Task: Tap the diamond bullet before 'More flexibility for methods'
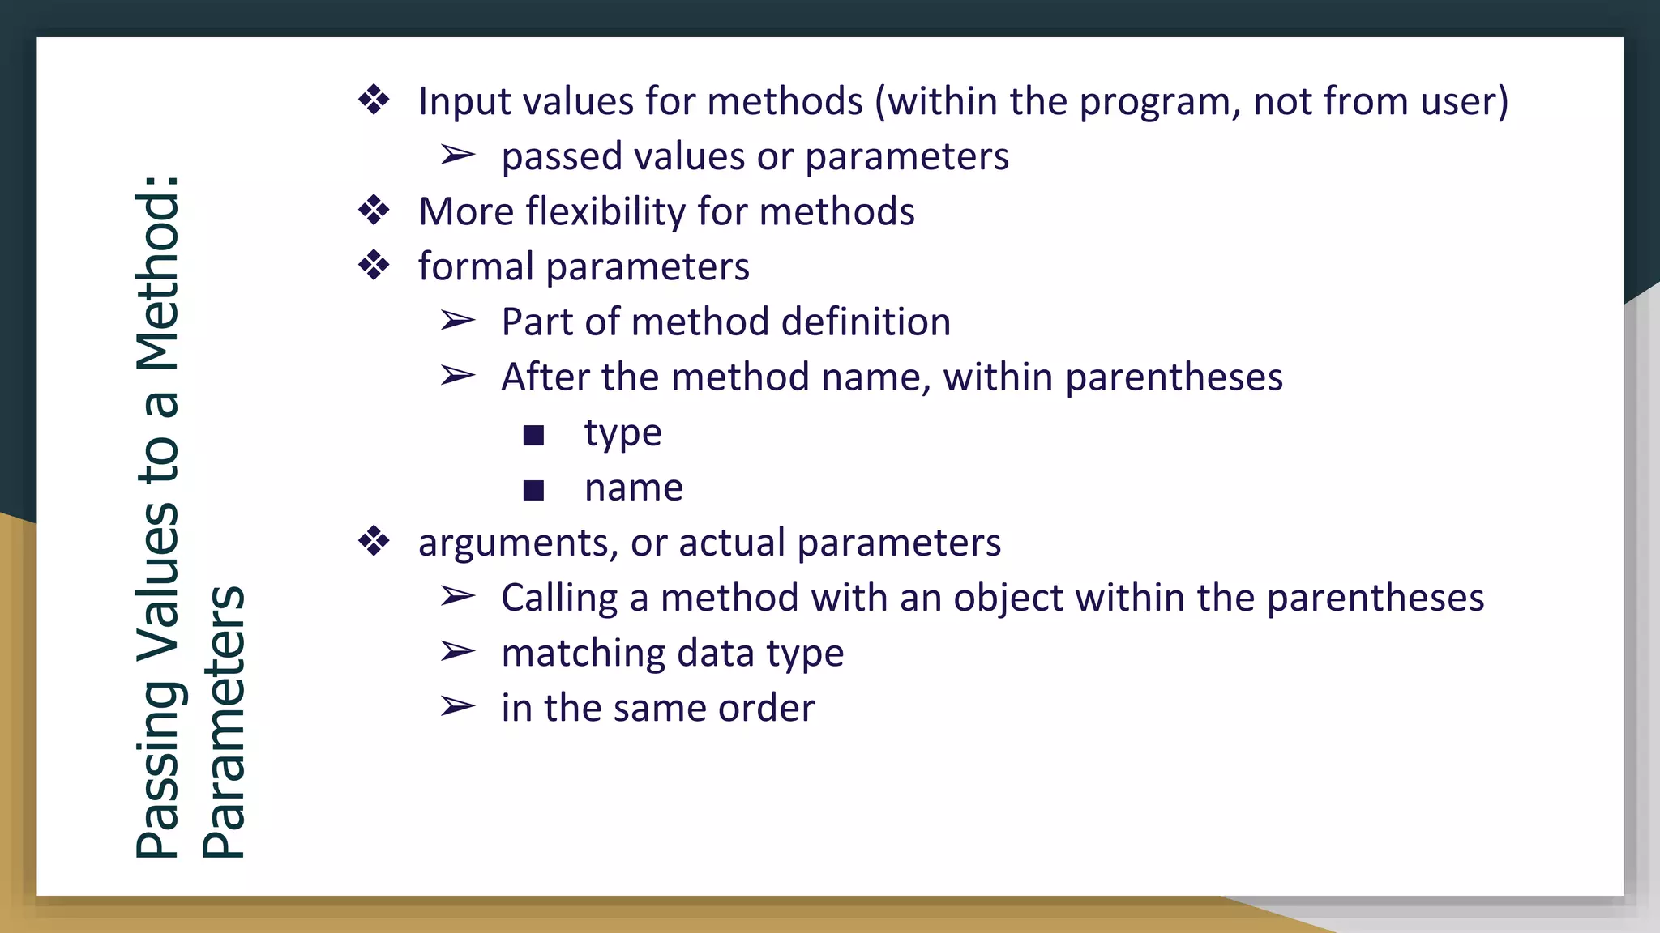tap(374, 211)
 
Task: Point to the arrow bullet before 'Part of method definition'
tap(457, 322)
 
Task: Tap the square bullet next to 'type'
tap(533, 436)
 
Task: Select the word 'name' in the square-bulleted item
tap(634, 488)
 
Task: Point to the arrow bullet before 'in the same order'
tap(457, 707)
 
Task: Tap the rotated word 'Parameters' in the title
tap(223, 722)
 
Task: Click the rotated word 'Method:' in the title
tap(157, 273)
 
